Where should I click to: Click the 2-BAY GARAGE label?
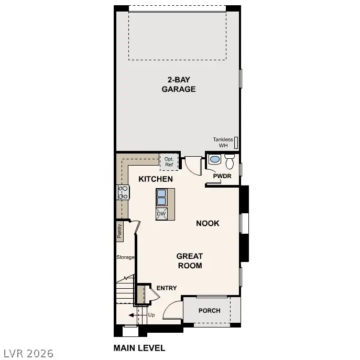(178, 84)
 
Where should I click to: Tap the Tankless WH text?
(222, 142)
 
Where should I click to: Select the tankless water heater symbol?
(236, 141)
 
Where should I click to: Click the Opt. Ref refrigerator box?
(169, 161)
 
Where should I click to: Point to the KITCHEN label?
(156, 179)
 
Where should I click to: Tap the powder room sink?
(215, 159)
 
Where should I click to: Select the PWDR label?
(222, 176)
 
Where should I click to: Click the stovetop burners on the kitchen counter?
(124, 192)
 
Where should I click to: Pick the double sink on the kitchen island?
(162, 198)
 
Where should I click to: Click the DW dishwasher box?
(161, 214)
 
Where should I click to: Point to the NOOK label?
(208, 223)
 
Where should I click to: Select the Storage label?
(125, 257)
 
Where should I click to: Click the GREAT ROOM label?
(189, 260)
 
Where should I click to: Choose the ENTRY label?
(167, 288)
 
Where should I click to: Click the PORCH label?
(209, 311)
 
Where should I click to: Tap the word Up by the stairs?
(151, 315)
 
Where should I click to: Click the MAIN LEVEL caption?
(139, 347)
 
